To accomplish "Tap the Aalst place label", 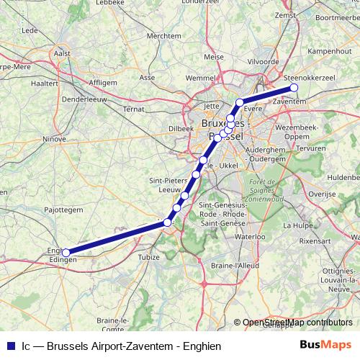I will click(63, 53).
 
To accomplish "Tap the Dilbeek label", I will click(181, 128).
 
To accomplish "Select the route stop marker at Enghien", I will click(66, 253).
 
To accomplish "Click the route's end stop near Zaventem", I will click(294, 89).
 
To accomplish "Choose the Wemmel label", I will click(200, 77).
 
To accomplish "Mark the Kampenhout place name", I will click(329, 52).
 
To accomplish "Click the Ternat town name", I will click(134, 109).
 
